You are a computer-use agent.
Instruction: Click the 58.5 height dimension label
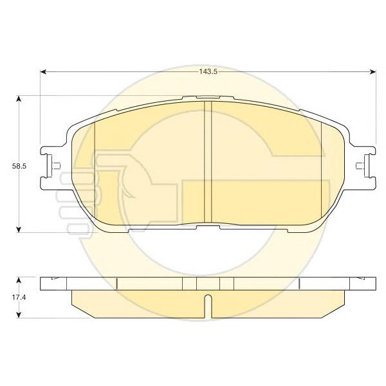pos(19,166)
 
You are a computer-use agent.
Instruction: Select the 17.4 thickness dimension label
pos(19,297)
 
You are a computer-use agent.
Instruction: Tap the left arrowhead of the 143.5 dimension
pos(43,71)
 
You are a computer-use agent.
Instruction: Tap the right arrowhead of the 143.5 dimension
pos(373,71)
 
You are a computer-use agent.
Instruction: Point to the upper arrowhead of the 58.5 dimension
pos(19,98)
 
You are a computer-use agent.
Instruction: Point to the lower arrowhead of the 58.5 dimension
pos(19,229)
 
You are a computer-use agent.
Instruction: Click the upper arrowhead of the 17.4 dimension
pos(19,280)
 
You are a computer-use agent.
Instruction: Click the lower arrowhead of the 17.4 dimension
pos(19,315)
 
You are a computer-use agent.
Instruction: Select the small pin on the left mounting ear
pos(56,166)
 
